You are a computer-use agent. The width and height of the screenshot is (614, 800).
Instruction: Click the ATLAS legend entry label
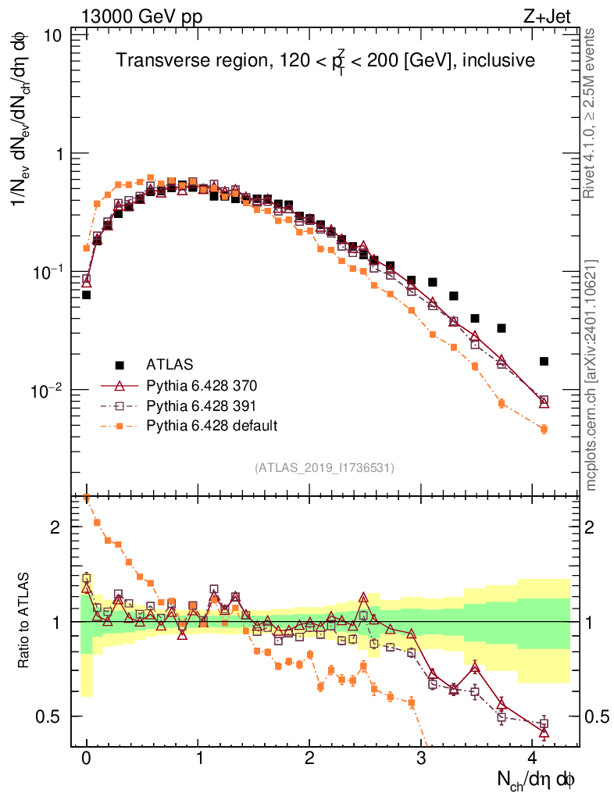tap(170, 364)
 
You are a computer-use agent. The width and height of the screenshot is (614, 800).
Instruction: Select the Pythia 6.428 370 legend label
tap(202, 385)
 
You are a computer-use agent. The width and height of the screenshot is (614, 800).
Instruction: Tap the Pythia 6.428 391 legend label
tap(202, 405)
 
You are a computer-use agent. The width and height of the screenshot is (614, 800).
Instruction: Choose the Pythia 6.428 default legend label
tap(212, 425)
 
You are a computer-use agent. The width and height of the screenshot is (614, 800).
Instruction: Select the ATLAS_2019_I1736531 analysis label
tap(324, 467)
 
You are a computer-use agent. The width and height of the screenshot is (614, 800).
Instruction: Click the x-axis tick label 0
tap(86, 758)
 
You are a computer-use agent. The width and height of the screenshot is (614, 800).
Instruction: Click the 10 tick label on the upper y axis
tap(54, 36)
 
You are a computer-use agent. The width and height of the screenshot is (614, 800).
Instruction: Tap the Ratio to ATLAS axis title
tap(24, 622)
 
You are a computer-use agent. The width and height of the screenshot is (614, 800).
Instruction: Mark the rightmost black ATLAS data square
tap(544, 361)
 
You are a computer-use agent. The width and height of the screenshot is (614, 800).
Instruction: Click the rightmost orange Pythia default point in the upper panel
tap(544, 429)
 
